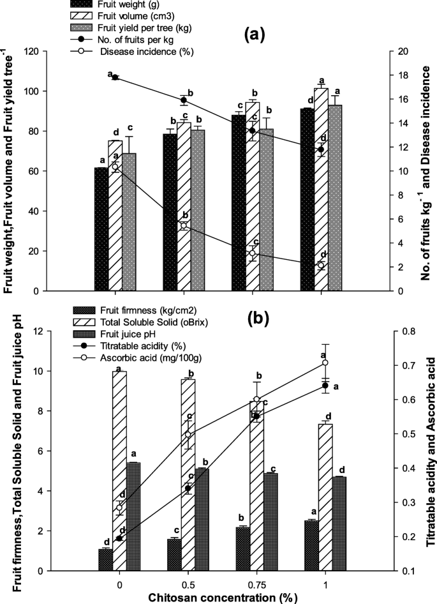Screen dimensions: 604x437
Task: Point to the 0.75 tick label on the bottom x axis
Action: pos(253,582)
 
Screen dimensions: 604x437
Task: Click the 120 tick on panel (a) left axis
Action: pos(66,52)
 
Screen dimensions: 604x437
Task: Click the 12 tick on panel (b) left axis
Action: pos(66,331)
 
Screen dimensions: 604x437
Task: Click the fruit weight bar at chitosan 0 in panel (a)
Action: pos(101,229)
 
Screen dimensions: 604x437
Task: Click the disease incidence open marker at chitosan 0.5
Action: pos(184,226)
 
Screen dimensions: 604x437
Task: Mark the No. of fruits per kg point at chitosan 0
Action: pos(115,77)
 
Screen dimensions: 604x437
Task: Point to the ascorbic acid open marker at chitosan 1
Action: pos(325,363)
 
